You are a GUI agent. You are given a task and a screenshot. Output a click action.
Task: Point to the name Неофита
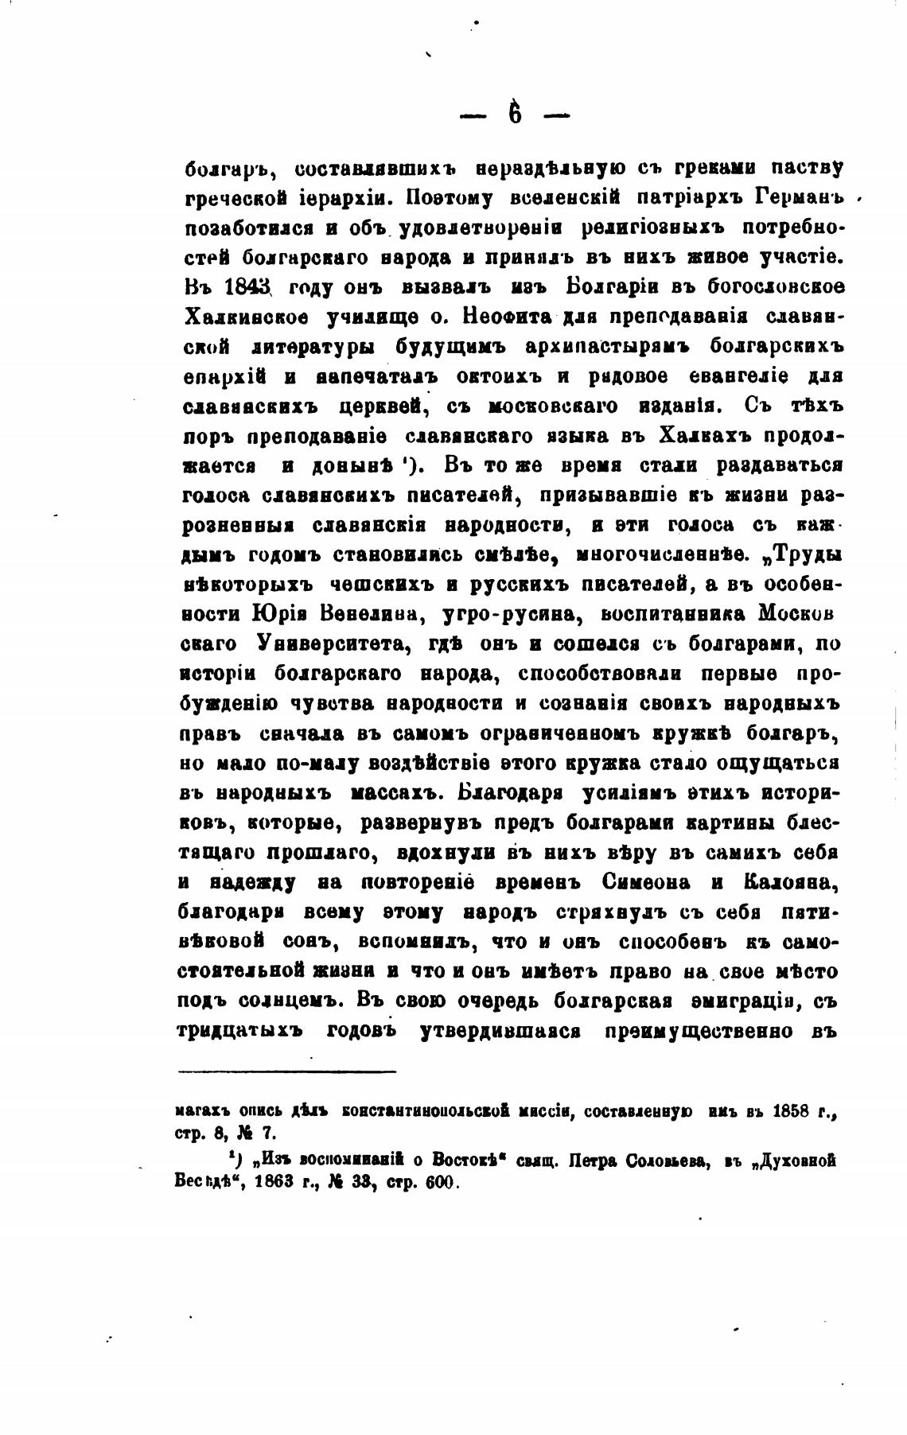tap(506, 317)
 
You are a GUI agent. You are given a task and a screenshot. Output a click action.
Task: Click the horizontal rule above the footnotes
tap(287, 1071)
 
